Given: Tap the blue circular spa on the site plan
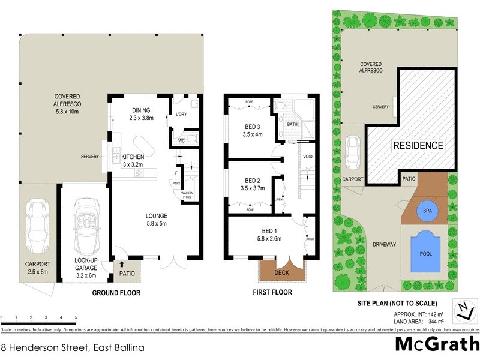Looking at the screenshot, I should pos(427,211).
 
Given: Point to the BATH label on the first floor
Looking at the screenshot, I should pos(292,124).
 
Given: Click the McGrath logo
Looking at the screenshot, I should pos(436,344).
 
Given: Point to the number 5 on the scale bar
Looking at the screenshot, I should pos(76,317).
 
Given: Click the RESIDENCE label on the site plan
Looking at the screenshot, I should pos(418,145).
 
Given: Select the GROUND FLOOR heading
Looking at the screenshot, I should pos(116,293).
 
